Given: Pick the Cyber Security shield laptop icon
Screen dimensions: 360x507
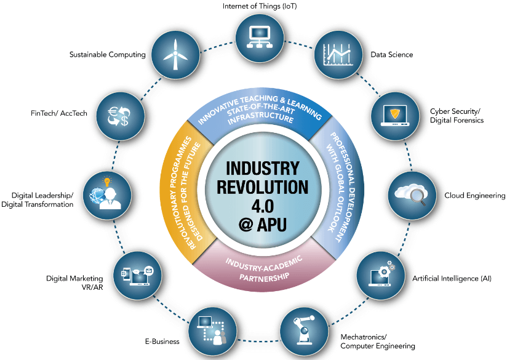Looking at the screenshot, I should click(393, 113).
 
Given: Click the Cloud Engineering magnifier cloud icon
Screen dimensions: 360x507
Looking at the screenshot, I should click(412, 194).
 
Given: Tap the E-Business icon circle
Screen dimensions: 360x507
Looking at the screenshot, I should click(210, 330).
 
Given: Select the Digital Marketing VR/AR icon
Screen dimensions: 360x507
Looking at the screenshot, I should click(135, 273).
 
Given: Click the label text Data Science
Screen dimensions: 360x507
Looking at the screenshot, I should click(391, 55).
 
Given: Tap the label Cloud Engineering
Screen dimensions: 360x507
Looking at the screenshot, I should click(474, 196).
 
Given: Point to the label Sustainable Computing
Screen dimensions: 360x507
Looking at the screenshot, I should click(108, 54).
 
